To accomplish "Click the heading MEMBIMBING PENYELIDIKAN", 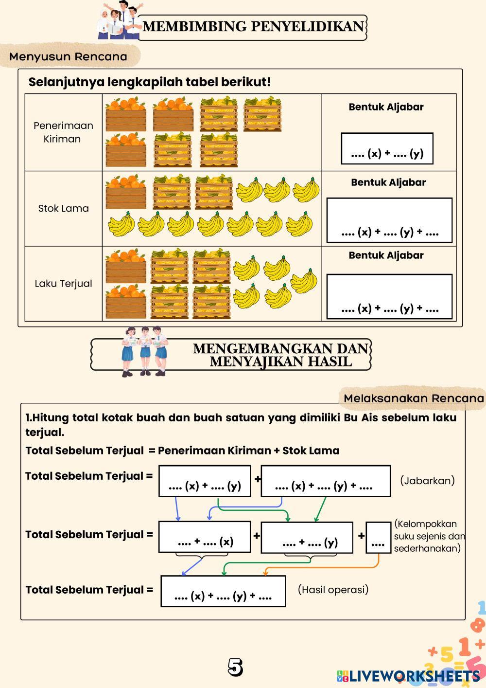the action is [x=253, y=26].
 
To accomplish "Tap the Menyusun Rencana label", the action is [x=68, y=56].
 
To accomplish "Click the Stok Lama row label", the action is [x=63, y=208].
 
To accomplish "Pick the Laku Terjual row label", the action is [x=63, y=283].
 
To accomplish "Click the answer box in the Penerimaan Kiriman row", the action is [x=387, y=148].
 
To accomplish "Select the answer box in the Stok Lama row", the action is [x=389, y=220].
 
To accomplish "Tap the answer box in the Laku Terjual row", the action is [x=389, y=296].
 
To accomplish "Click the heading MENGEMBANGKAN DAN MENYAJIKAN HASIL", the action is [x=281, y=355].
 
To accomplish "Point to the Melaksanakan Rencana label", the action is [x=414, y=398].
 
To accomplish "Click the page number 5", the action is [x=235, y=668].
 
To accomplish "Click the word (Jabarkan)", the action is [x=427, y=480].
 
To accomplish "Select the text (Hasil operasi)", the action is [x=333, y=590].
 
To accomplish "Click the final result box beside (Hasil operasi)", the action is [x=223, y=591].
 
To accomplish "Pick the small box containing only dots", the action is [x=378, y=538].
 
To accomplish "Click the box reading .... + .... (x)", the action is [x=205, y=537].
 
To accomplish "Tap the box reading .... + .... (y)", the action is [x=307, y=538].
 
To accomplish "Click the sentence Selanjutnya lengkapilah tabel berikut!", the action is [x=149, y=82].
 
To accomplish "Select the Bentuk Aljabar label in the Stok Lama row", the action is [x=388, y=182].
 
